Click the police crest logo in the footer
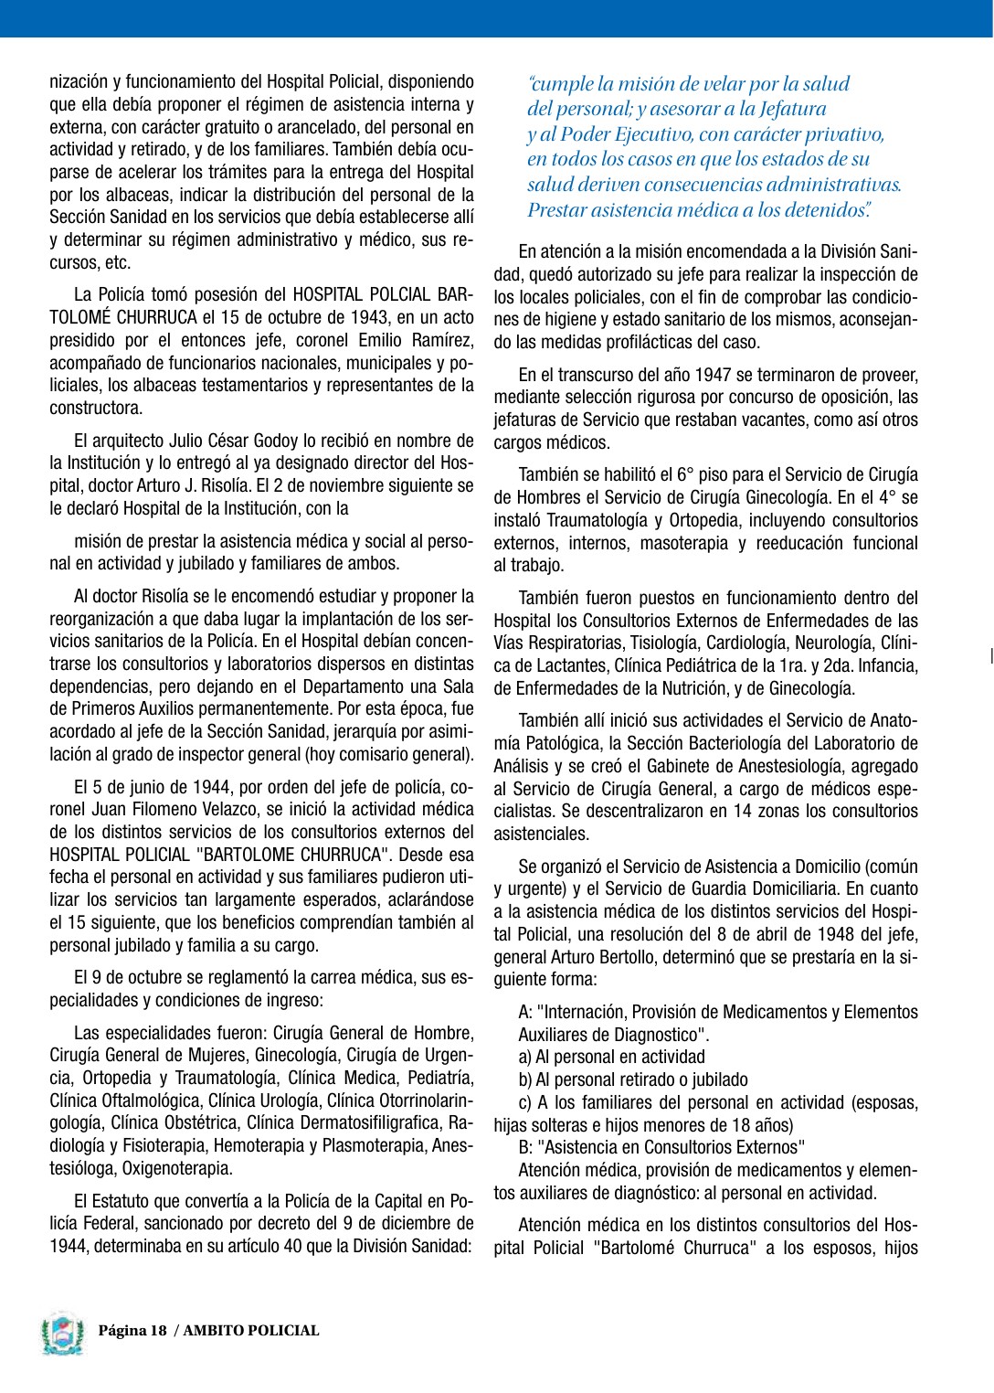click(x=62, y=1334)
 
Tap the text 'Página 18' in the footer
click(x=132, y=1331)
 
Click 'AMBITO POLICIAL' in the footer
click(x=251, y=1331)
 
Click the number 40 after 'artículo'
click(x=294, y=1246)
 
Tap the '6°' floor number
click(x=686, y=475)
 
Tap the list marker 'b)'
click(x=525, y=1080)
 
